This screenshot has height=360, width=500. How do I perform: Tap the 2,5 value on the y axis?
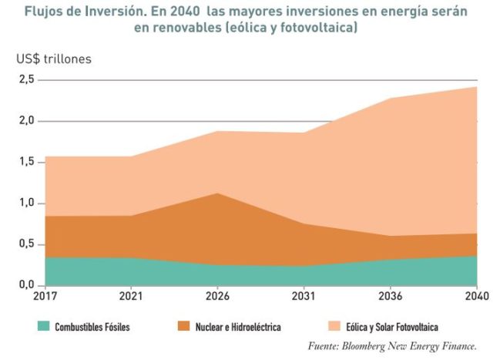[x=26, y=79]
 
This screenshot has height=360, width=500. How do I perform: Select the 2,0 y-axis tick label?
[x=26, y=121]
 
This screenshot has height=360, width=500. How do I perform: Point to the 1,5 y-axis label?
[x=26, y=162]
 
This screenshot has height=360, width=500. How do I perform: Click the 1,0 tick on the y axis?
[x=26, y=204]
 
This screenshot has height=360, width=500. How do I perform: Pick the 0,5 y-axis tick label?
[x=26, y=244]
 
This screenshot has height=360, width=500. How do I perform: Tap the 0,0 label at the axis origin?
[x=26, y=285]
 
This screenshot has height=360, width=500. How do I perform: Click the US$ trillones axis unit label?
[x=52, y=59]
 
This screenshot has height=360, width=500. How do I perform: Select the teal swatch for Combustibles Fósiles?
[x=44, y=327]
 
